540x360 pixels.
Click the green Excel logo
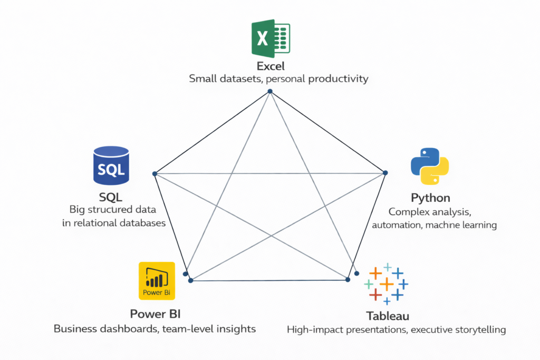(x=270, y=38)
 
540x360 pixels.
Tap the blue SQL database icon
(x=111, y=166)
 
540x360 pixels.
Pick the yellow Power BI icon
(x=157, y=281)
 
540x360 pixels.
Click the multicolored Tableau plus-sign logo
(x=387, y=283)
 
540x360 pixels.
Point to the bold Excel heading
(x=271, y=66)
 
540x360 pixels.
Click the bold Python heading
(x=430, y=198)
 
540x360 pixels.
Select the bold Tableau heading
(x=388, y=316)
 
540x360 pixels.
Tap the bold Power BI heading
(x=156, y=315)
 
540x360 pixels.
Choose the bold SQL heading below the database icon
(x=111, y=197)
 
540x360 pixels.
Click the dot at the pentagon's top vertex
(x=270, y=91)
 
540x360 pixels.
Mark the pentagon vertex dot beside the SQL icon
(x=155, y=173)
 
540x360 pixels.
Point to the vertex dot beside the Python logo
(x=385, y=172)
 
